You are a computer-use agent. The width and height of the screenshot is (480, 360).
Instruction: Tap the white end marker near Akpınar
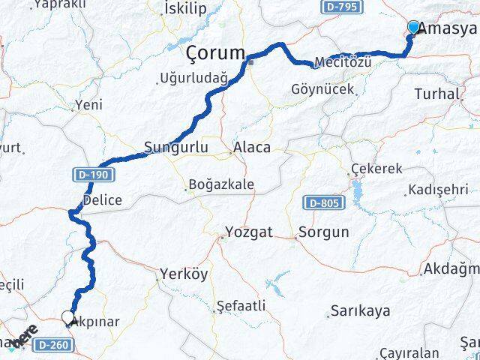[x=68, y=317]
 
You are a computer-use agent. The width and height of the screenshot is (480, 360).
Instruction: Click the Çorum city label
[x=216, y=54]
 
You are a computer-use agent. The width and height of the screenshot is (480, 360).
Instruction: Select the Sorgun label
[x=323, y=232]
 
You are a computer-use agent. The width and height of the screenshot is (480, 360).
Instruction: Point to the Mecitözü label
[x=343, y=61]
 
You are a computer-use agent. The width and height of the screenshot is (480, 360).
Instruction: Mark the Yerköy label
[x=184, y=274]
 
